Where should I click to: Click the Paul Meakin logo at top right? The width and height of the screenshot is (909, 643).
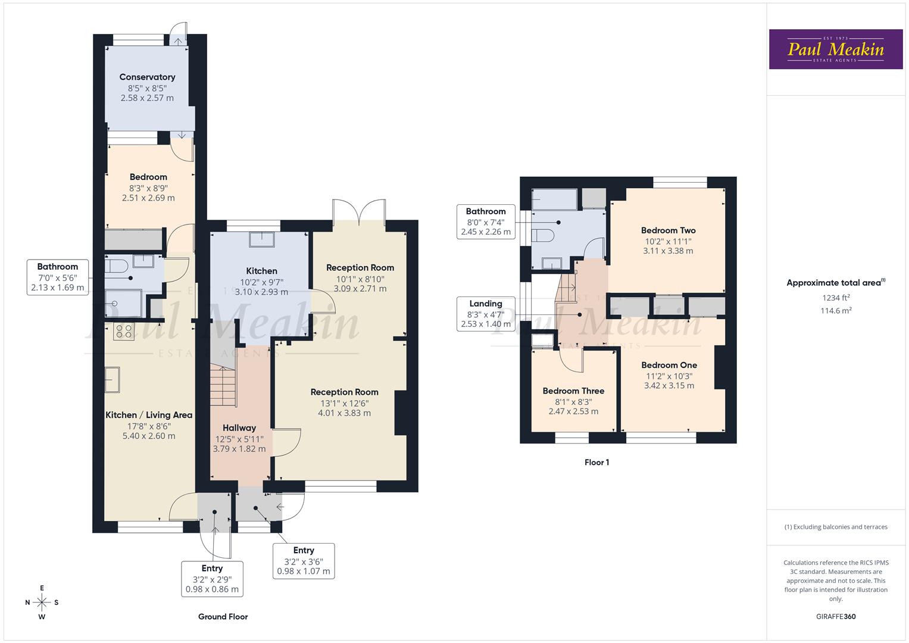pos(835,49)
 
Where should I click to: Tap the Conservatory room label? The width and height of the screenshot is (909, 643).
pos(147,77)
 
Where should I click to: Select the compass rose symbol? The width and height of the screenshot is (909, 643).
pos(42,602)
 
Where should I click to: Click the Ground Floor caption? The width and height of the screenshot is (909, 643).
pos(223,617)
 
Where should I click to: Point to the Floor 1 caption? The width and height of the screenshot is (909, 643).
pos(596,462)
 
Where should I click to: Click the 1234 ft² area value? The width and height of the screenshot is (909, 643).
pos(836,298)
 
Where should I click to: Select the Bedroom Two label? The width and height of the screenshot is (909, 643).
pos(668,230)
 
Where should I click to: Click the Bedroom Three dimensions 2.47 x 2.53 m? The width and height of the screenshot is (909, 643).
pos(573,411)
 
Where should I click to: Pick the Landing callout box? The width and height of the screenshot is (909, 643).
pos(486,314)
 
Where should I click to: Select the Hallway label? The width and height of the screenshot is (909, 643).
pos(239,427)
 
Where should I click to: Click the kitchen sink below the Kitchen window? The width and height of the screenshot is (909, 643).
pos(262,239)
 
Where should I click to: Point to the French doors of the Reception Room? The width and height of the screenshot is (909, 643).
pos(359,210)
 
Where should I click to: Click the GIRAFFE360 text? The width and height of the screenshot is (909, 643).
pos(835,616)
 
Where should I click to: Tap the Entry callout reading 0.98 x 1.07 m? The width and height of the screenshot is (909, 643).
pos(304,561)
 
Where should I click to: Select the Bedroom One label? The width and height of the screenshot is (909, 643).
pos(669,365)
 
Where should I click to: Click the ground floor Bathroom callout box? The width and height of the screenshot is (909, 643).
pos(58,277)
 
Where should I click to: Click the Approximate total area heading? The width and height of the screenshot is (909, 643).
pos(836,283)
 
